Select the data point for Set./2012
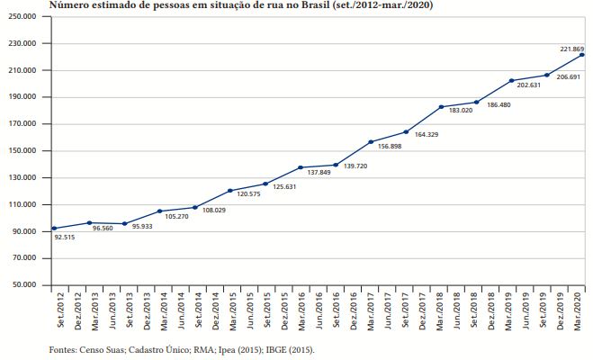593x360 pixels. click(54, 229)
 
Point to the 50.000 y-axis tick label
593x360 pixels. click(32, 285)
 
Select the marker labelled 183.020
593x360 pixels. click(441, 107)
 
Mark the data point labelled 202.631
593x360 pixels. click(511, 81)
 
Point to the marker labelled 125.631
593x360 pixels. click(265, 184)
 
